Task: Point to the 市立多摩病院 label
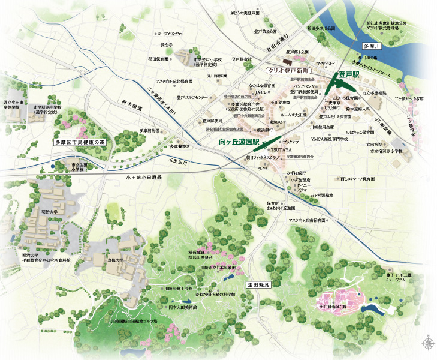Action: (x=375, y=94)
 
